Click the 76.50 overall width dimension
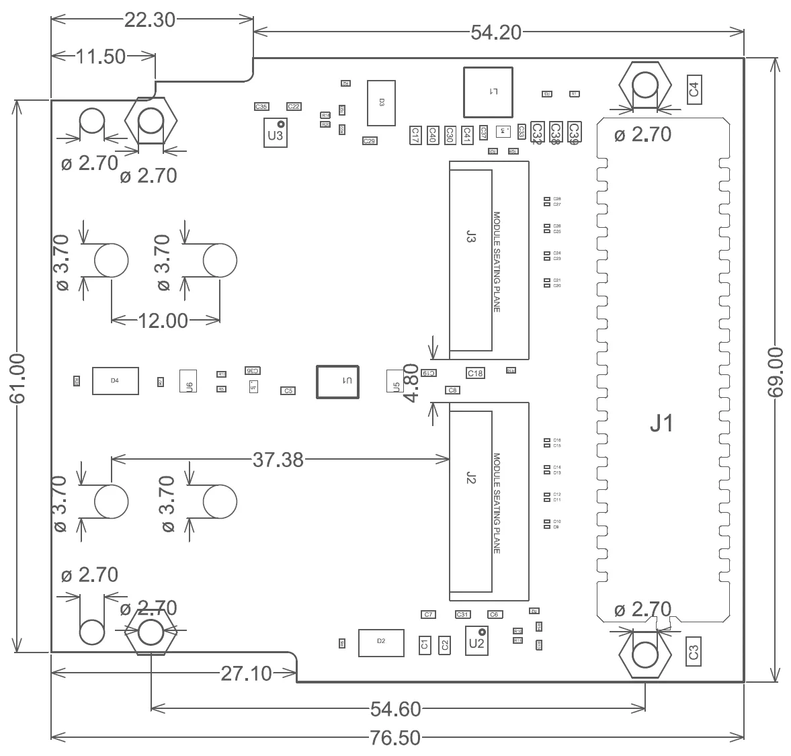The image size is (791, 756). pos(395,738)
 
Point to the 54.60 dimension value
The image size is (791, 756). pos(396,708)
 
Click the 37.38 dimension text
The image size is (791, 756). pos(278,460)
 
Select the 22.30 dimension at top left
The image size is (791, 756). pos(149,20)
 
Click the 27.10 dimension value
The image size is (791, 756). pos(246,673)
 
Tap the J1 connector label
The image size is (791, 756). pos(661,424)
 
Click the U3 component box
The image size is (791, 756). pos(276,133)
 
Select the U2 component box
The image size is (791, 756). pos(477,640)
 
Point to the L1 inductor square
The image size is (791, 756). pos(488,91)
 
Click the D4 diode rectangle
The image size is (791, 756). pos(116,380)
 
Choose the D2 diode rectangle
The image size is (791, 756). pos(381,642)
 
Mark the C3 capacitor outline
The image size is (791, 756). pos(694,651)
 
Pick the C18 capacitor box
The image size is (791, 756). pos(475,373)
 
